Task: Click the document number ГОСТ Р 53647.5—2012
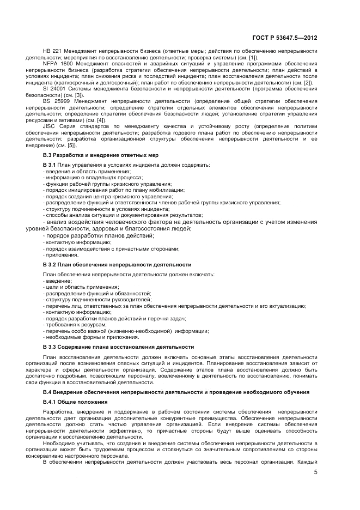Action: point(284,38)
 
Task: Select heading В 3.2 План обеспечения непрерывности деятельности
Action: point(117,264)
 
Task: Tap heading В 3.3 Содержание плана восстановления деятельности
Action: point(118,347)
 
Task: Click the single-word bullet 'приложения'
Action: point(62,254)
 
